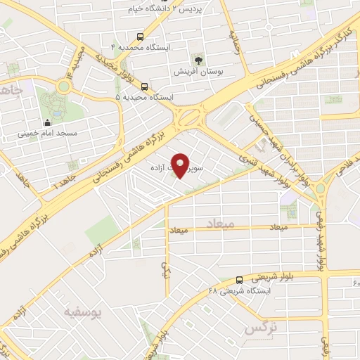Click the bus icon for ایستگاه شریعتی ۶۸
point(240,279)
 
